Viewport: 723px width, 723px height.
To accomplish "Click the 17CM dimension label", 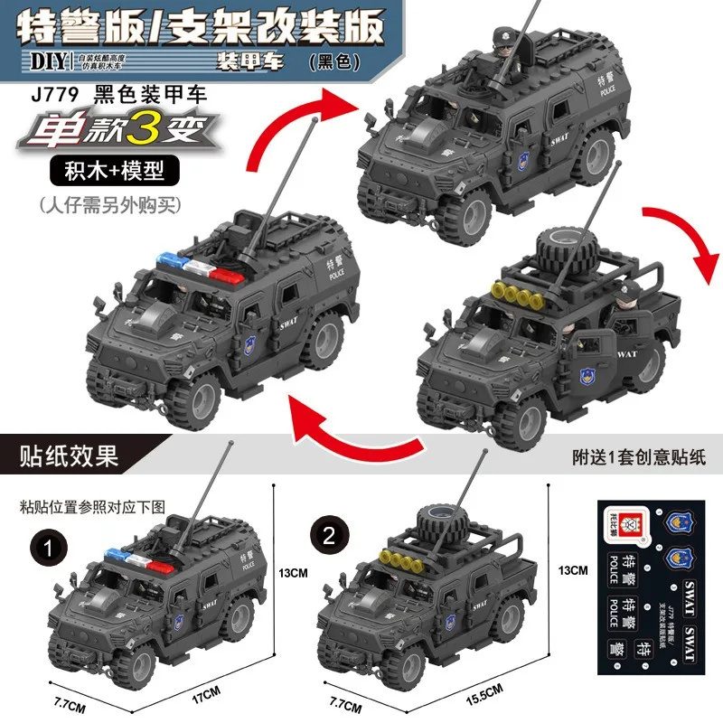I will pyautogui.click(x=210, y=692).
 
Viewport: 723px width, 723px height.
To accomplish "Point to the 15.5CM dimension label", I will pyautogui.click(x=479, y=692).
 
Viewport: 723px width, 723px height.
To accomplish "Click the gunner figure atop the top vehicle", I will pyautogui.click(x=501, y=42).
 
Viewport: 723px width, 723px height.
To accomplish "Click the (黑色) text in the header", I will pyautogui.click(x=334, y=63).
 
